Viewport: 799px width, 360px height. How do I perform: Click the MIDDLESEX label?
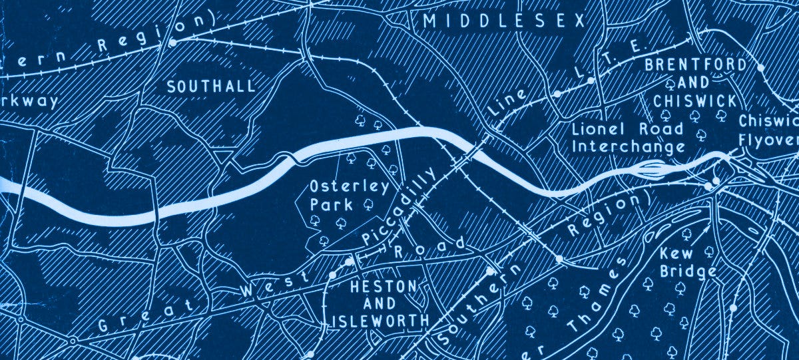click(x=503, y=21)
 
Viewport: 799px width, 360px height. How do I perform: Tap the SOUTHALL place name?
click(x=210, y=87)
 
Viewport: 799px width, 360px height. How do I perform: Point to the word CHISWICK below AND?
click(x=695, y=101)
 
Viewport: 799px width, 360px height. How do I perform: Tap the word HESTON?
click(x=383, y=287)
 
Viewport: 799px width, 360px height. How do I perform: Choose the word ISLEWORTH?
click(x=380, y=321)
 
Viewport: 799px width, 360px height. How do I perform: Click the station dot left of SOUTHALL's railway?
click(x=172, y=43)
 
